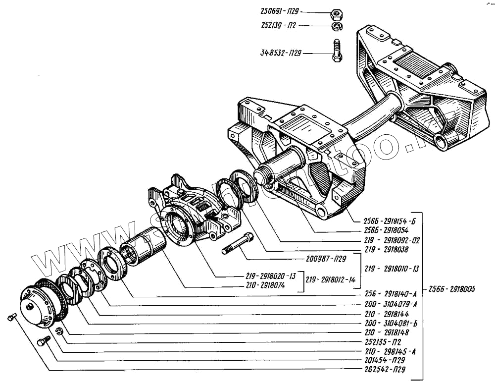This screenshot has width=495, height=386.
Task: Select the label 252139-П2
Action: pyautogui.click(x=278, y=25)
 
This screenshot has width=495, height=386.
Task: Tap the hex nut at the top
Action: pyautogui.click(x=334, y=12)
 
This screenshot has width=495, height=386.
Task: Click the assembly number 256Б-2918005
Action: pyautogui.click(x=451, y=289)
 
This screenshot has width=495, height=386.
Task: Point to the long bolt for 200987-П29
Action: pyautogui.click(x=238, y=245)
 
